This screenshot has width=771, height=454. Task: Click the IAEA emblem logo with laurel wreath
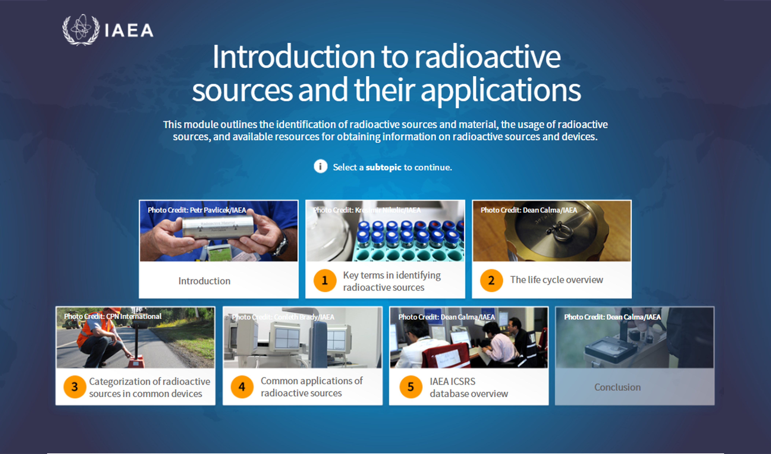81,30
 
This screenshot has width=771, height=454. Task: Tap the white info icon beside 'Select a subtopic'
320,166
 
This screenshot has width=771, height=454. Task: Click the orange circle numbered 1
325,280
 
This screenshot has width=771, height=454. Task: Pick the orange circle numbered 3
75,387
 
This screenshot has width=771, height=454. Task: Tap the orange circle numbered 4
242,387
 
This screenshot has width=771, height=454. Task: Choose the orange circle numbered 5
411,387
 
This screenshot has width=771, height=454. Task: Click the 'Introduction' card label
204,281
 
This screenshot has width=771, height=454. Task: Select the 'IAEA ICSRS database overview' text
469,387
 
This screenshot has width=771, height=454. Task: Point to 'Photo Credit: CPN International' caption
113,316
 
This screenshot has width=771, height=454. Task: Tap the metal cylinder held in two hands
218,227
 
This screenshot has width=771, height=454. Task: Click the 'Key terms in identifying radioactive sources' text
392,281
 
